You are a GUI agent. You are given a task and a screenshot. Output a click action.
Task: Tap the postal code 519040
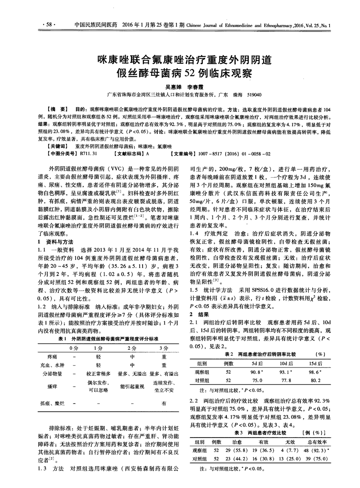[x=254, y=95]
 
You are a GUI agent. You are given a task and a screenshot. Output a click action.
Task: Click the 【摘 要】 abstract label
[x=57, y=110]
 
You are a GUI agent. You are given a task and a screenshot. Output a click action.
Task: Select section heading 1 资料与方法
[x=56, y=242]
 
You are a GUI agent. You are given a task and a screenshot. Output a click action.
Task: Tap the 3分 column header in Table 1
[x=164, y=348]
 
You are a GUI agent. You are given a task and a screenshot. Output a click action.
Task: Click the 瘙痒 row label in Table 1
[x=52, y=386]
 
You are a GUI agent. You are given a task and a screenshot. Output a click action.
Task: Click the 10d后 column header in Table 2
[x=286, y=364]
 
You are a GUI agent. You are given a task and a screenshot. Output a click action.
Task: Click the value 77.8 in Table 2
[x=286, y=380]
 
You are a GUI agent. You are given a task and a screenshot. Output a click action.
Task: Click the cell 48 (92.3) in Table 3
[x=318, y=450]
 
